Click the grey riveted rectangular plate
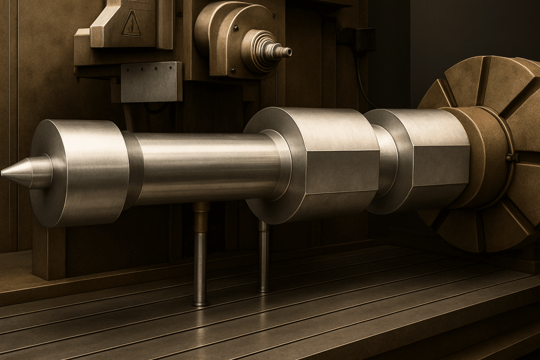[x=151, y=82]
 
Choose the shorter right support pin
[x=264, y=258]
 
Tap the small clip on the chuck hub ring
[x=509, y=157]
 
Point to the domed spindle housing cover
[x=221, y=32]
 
